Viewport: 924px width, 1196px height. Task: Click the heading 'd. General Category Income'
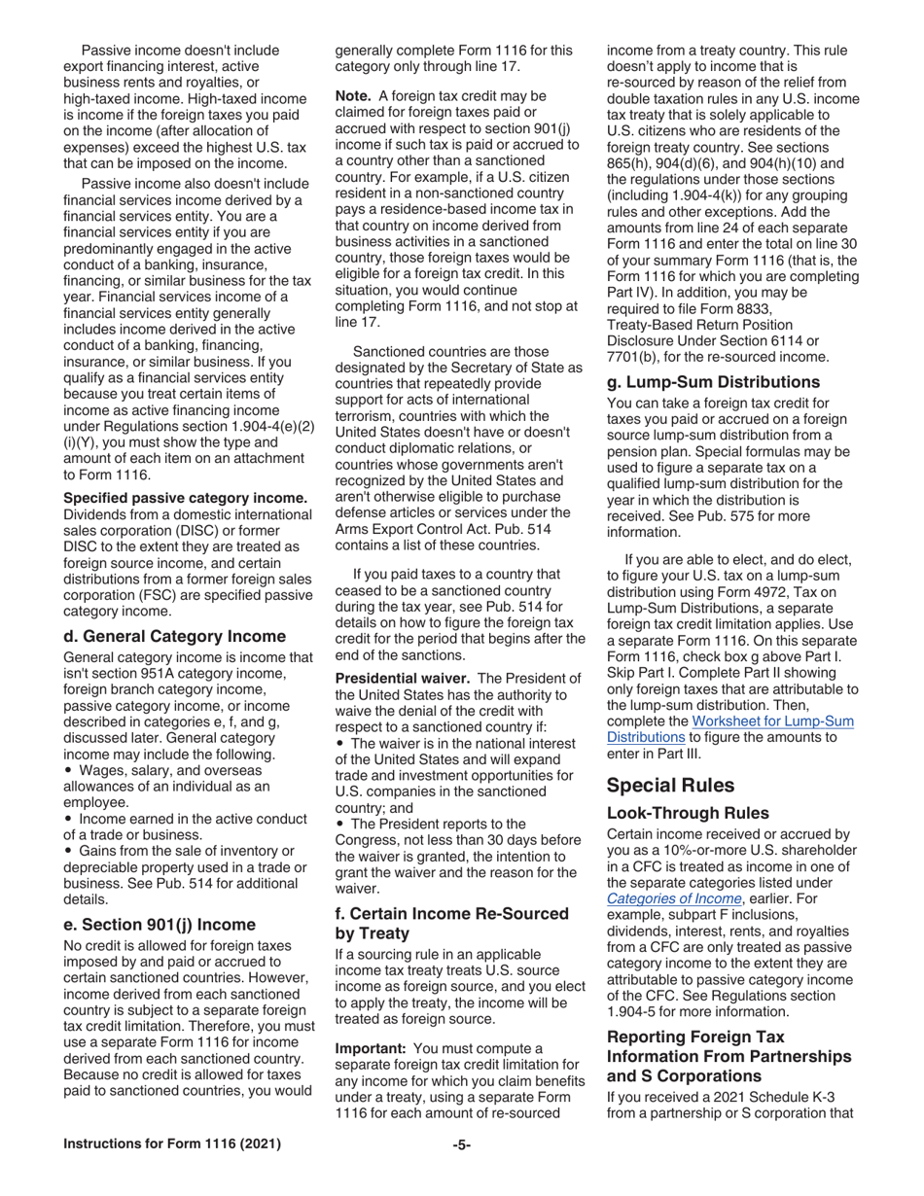[x=175, y=636]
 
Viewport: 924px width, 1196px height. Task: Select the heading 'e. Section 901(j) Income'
[x=160, y=924]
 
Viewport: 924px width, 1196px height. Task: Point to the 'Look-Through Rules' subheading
[x=688, y=812]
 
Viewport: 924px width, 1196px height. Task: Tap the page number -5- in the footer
[x=462, y=1144]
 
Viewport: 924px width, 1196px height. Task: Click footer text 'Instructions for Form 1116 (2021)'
[x=172, y=1144]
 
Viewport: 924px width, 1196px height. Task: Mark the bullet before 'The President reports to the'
[x=339, y=823]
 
